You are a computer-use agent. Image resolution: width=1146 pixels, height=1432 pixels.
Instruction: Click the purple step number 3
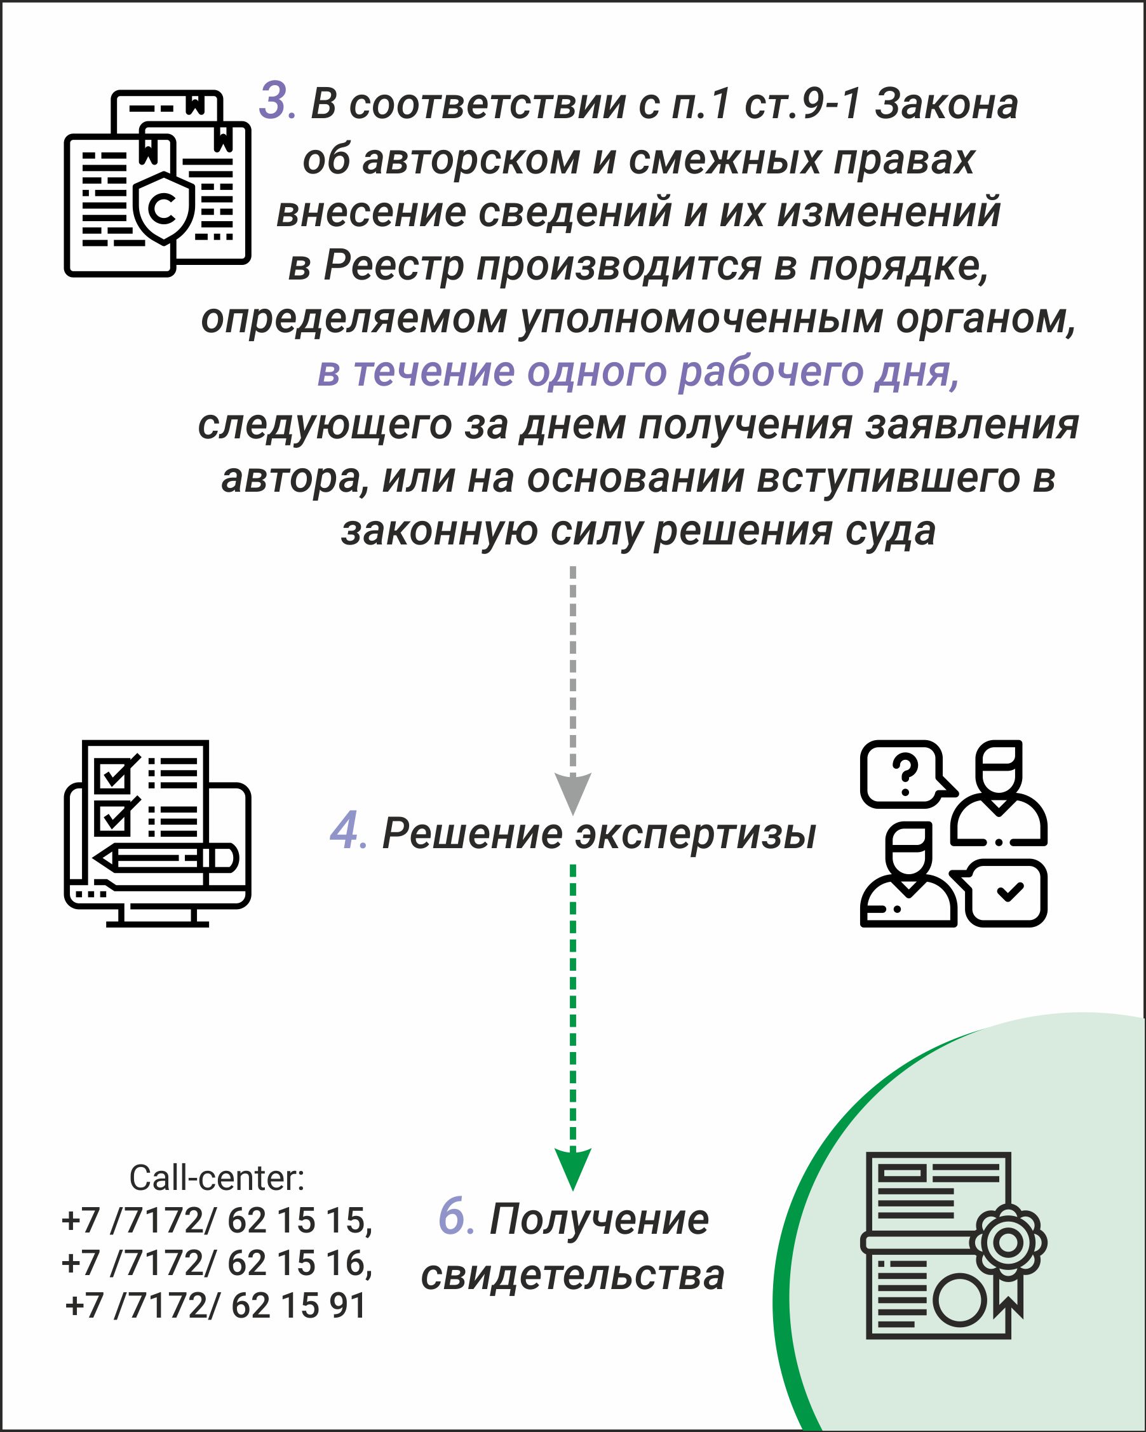point(278,101)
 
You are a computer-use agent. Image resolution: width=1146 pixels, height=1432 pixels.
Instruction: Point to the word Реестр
point(393,267)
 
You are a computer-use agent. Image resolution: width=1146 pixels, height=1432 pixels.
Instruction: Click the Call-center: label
point(217,1178)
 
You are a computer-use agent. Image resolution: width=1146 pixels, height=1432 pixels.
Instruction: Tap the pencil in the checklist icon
point(166,858)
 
